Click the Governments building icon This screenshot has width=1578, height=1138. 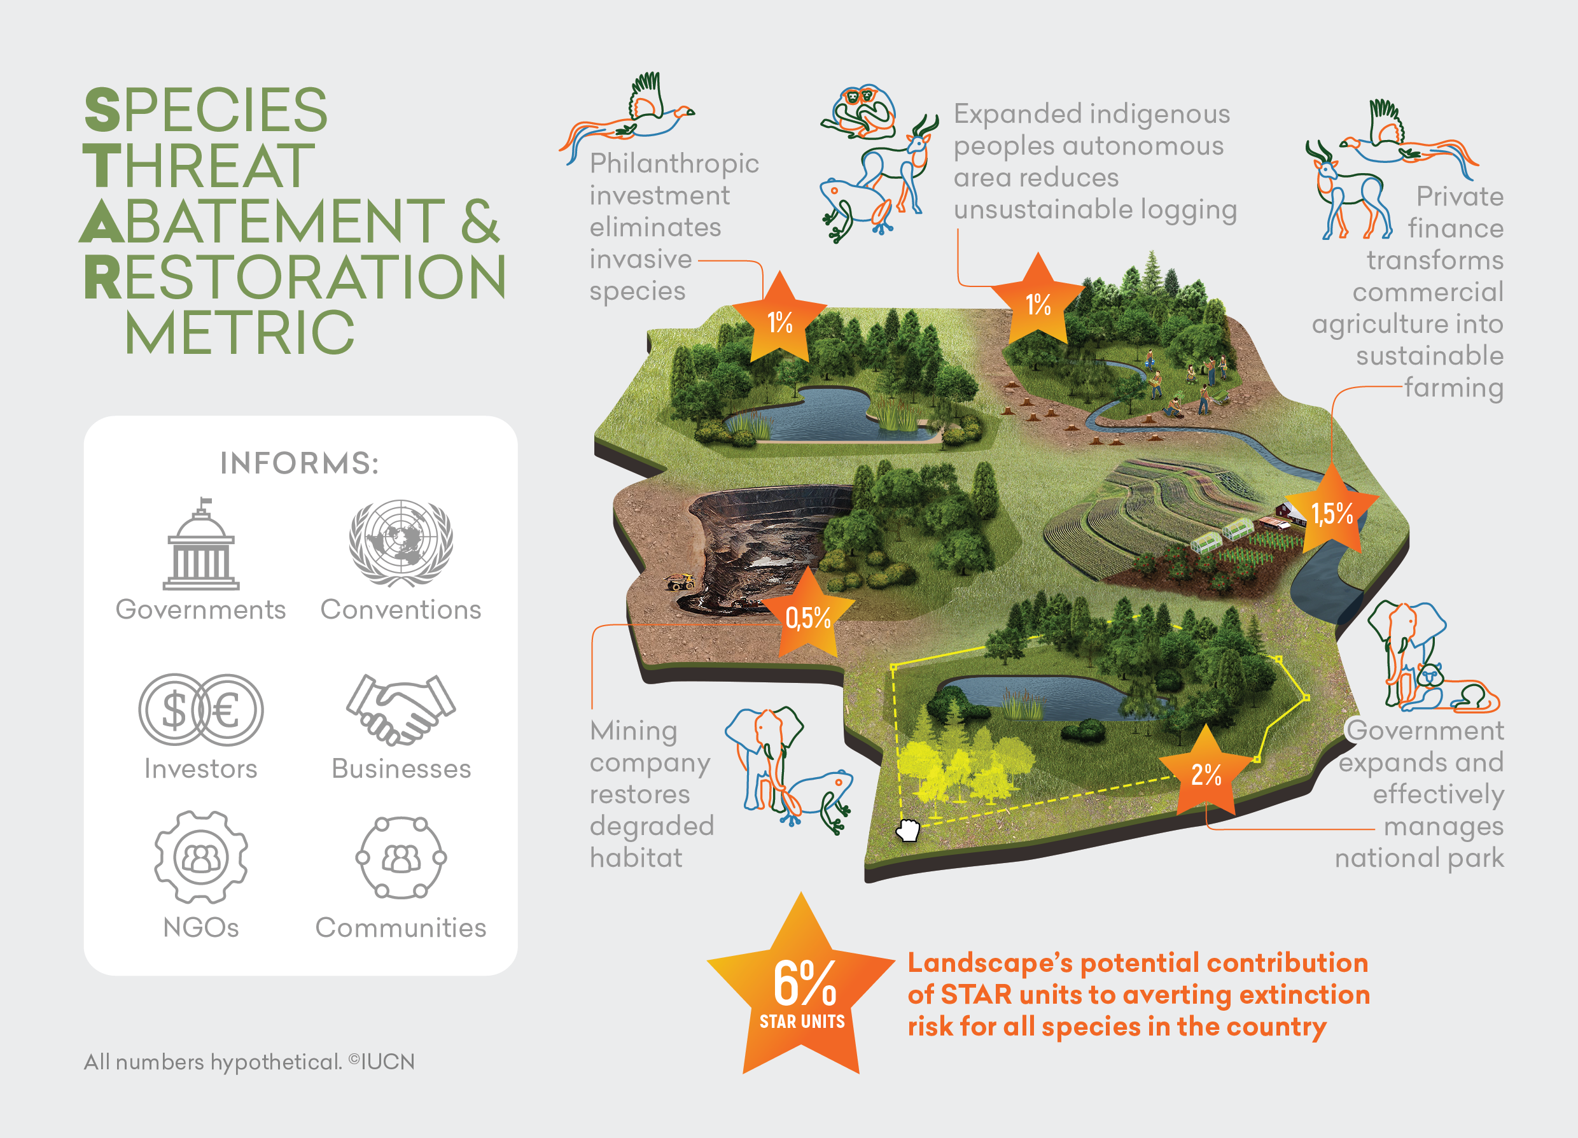[x=200, y=545]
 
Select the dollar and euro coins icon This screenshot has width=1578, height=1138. [x=200, y=709]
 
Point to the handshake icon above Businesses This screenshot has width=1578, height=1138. [x=401, y=709]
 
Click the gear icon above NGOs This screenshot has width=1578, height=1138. [x=200, y=857]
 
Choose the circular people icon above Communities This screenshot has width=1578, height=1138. [x=401, y=857]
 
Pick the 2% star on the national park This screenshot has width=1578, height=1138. [x=1206, y=773]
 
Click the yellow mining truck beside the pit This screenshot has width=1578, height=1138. [x=680, y=581]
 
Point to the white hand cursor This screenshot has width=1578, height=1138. [x=907, y=830]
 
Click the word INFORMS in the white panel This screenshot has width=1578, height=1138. [x=299, y=463]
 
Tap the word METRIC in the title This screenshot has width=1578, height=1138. [x=240, y=333]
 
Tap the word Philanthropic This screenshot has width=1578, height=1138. [x=673, y=164]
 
